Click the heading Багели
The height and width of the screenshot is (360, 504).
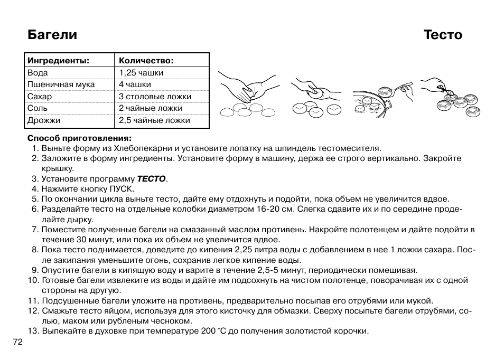pyautogui.click(x=52, y=35)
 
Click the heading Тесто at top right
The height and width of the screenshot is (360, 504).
pyautogui.click(x=443, y=35)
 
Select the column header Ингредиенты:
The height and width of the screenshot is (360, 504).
pyautogui.click(x=58, y=61)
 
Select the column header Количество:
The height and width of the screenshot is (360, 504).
pyautogui.click(x=146, y=61)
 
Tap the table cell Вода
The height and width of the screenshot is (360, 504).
pyautogui.click(x=38, y=73)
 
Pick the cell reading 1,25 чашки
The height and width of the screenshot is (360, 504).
pyautogui.click(x=141, y=73)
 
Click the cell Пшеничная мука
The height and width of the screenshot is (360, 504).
pyautogui.click(x=61, y=84)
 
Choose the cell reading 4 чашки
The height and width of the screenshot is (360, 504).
pyautogui.click(x=135, y=84)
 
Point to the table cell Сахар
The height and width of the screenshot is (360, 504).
pyautogui.click(x=40, y=97)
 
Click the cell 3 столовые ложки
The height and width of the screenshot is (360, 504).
pyautogui.click(x=155, y=97)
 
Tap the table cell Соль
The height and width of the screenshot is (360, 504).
pyautogui.click(x=38, y=108)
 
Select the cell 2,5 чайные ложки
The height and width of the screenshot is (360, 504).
pyautogui.click(x=154, y=120)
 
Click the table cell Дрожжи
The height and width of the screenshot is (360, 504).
pyautogui.click(x=44, y=120)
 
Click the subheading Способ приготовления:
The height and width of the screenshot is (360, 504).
pyautogui.click(x=79, y=138)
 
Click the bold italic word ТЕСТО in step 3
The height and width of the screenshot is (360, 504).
pyautogui.click(x=151, y=179)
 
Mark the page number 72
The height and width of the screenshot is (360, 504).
pyautogui.click(x=17, y=342)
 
